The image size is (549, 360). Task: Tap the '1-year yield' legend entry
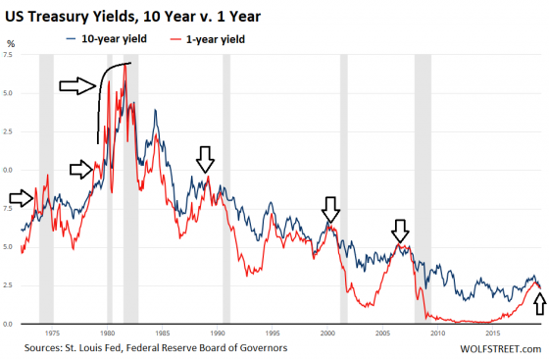pyautogui.click(x=211, y=39)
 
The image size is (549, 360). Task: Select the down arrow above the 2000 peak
pyautogui.click(x=330, y=209)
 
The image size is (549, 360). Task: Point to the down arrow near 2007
pyautogui.click(x=399, y=231)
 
